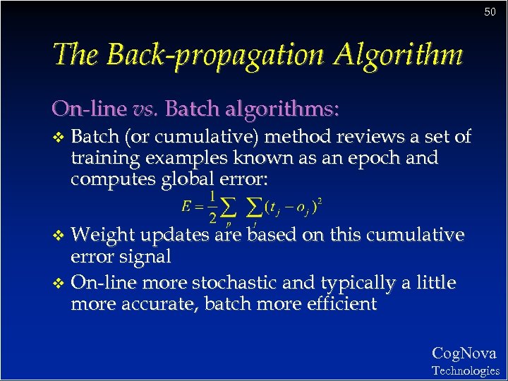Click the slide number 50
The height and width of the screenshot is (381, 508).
click(x=490, y=12)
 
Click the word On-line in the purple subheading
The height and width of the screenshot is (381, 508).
click(x=90, y=109)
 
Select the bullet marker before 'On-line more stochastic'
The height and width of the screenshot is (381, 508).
click(x=59, y=284)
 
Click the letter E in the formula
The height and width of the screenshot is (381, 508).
click(x=186, y=207)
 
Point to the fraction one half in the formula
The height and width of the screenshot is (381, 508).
click(x=212, y=205)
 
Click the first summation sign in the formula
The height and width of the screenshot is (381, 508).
click(x=228, y=207)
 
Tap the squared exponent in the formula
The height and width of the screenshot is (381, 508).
click(x=320, y=200)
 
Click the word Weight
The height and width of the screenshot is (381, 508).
click(x=103, y=234)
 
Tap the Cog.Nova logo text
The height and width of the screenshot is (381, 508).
click(x=464, y=353)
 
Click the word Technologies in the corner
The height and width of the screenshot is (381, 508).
click(x=465, y=370)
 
